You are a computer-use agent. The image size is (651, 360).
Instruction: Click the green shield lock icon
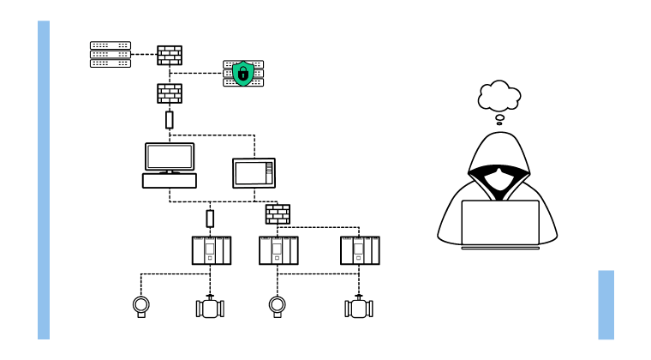tap(243, 74)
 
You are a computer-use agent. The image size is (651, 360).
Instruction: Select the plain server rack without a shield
tap(110, 54)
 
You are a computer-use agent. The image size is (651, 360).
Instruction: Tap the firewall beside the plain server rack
tap(169, 55)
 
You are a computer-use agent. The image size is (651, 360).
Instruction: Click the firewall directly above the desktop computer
tap(169, 93)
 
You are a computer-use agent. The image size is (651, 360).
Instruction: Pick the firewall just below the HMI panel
tap(278, 213)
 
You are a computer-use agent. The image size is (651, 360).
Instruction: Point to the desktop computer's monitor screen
tap(169, 157)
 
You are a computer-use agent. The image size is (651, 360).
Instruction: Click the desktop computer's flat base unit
tap(169, 180)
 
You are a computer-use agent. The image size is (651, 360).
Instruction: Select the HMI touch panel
tap(254, 173)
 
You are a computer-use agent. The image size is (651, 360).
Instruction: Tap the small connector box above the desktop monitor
tap(169, 119)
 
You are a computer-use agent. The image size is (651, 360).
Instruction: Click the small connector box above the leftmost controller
tap(211, 219)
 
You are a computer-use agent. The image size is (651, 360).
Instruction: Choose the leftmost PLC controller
tap(211, 250)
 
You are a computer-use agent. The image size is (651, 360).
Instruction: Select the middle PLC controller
tap(278, 250)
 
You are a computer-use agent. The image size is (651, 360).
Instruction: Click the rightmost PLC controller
tap(360, 250)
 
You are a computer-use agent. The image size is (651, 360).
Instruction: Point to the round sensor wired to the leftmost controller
tap(141, 306)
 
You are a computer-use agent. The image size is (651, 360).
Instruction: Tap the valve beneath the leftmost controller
tap(211, 308)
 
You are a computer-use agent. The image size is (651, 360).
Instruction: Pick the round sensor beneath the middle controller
tap(278, 306)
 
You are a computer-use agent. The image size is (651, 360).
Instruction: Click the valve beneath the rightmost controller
tap(360, 308)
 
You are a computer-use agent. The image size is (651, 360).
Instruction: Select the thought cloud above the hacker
tap(499, 97)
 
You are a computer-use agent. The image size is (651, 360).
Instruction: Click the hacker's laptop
tap(500, 223)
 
